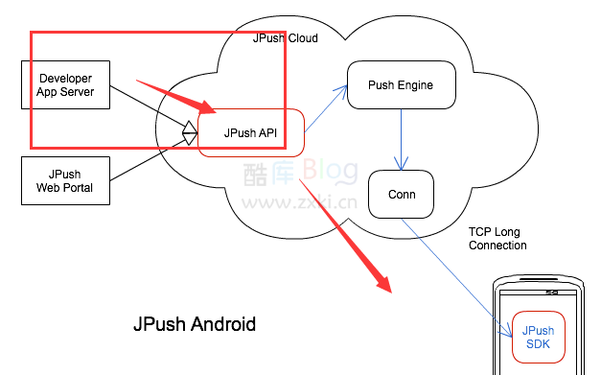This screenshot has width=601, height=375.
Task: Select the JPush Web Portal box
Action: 65,181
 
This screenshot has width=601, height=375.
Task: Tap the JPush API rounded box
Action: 251,133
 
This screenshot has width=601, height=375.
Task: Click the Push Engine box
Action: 400,85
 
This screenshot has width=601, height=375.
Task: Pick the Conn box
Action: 401,194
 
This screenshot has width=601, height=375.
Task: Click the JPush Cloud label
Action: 285,38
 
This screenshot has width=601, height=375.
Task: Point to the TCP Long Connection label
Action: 497,239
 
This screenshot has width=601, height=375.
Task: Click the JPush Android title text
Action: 195,324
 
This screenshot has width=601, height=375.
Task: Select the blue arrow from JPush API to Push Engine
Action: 326,105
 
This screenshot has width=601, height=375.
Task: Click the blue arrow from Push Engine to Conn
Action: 401,140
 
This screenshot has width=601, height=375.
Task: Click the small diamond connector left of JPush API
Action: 191,129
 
